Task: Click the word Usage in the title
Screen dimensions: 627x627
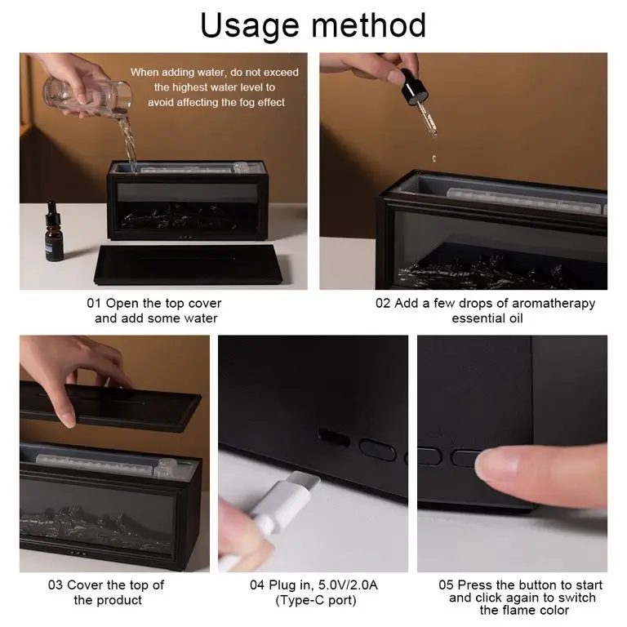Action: tap(250, 26)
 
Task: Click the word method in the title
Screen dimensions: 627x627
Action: tap(368, 24)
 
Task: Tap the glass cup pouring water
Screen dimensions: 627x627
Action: tap(87, 96)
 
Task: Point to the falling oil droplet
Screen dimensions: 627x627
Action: tap(434, 158)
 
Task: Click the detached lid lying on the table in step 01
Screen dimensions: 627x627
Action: tap(188, 265)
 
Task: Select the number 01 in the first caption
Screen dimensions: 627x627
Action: tap(94, 303)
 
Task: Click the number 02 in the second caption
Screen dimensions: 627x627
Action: tap(383, 303)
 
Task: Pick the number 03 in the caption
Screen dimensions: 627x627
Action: tap(56, 585)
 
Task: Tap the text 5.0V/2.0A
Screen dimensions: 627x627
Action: tap(348, 585)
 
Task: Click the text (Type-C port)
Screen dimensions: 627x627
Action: tap(316, 600)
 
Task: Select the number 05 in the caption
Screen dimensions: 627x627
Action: tap(446, 585)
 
